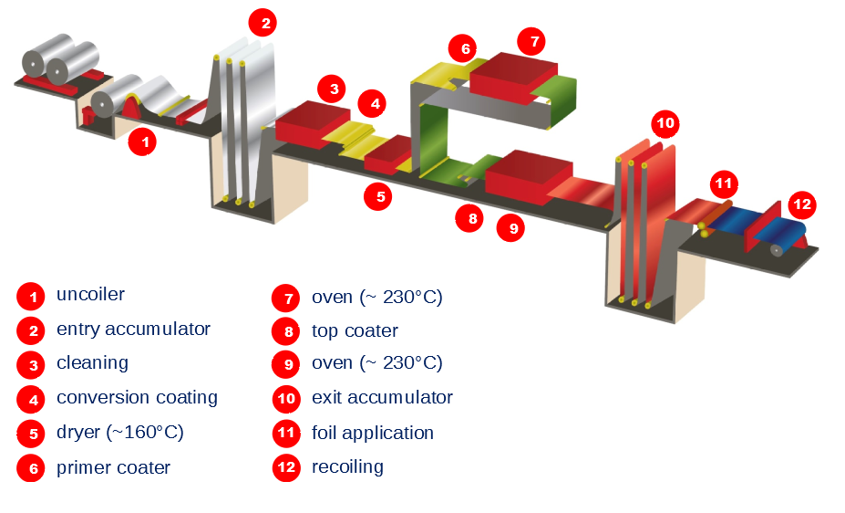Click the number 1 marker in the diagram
144,142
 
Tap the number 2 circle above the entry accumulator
265,24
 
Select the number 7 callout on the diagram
531,41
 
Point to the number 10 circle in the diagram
665,123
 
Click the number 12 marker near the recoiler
802,204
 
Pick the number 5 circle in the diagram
379,195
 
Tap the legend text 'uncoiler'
90,295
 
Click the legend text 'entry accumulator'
133,329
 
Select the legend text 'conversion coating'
137,397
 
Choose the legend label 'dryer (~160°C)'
119,432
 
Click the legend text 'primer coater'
113,467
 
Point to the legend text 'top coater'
355,330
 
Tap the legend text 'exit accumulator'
382,397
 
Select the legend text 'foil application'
372,432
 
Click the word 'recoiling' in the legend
347,466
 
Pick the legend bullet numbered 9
286,364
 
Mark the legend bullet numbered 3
31,365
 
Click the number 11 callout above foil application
724,183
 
